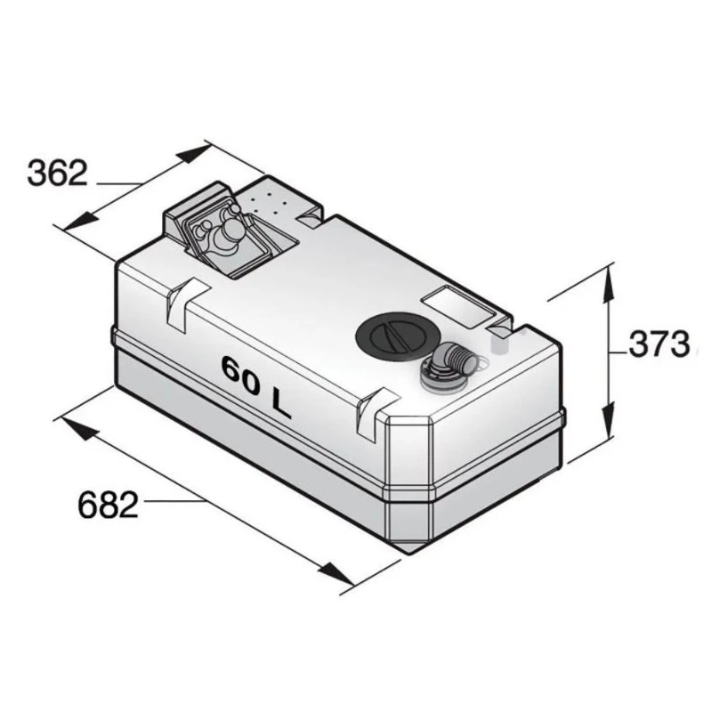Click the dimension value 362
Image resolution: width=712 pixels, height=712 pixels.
[57, 173]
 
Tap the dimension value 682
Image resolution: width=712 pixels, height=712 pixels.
[108, 505]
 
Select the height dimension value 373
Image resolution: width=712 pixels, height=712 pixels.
[659, 344]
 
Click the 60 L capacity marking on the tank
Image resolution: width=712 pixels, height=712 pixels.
[255, 386]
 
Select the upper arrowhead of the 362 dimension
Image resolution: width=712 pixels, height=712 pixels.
[193, 154]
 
